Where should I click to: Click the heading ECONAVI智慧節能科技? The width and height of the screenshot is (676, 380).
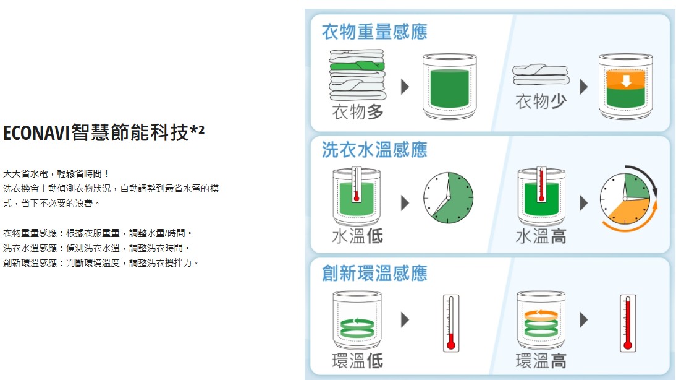[97, 132]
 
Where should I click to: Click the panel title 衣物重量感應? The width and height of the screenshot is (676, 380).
[374, 32]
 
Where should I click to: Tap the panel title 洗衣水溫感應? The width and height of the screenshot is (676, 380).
[374, 150]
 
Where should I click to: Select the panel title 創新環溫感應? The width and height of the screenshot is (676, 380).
[374, 274]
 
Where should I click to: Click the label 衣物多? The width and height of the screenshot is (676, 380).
[358, 112]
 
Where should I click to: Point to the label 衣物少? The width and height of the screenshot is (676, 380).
[541, 101]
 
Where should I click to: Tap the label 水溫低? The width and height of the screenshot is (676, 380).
[358, 236]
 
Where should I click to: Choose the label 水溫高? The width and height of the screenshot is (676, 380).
[541, 236]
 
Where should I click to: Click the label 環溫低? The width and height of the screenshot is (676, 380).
[358, 361]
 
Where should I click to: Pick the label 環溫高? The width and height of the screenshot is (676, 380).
[541, 361]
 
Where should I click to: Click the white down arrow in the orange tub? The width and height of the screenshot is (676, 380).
[626, 80]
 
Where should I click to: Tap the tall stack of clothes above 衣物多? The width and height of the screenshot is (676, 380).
[357, 75]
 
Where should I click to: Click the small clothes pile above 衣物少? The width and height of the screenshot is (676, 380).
[541, 74]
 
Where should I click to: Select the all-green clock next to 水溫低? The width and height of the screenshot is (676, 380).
[449, 198]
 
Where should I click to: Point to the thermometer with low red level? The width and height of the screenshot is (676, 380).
[451, 324]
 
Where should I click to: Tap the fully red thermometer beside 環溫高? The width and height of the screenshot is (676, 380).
[628, 324]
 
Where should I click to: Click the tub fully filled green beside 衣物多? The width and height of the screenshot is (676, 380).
[450, 87]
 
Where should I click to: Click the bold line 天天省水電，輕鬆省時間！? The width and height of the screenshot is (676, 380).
[56, 173]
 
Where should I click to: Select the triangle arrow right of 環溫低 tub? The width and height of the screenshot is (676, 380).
[405, 320]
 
